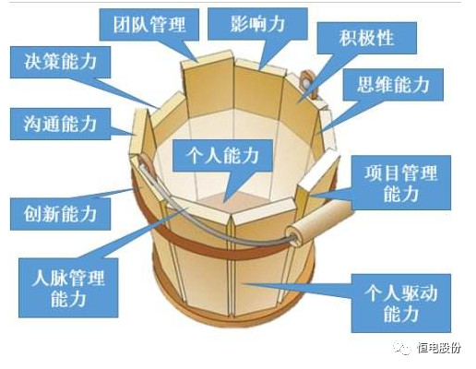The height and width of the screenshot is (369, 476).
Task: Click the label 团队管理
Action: tap(149, 25)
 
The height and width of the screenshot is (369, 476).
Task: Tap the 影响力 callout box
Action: tap(257, 24)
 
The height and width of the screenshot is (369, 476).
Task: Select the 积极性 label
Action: tap(366, 38)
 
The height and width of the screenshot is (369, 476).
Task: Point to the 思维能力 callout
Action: tap(393, 85)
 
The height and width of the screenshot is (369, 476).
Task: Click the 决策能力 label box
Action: tap(60, 62)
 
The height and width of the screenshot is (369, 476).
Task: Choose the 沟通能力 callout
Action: tap(60, 124)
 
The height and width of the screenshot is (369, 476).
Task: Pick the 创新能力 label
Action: tap(60, 214)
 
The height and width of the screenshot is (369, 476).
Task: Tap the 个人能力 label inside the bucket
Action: tap(222, 156)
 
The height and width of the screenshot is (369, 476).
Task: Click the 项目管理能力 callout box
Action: tap(401, 183)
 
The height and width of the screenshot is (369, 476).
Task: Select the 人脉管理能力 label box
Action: tap(68, 288)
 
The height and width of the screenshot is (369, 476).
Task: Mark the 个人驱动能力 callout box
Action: tap(401, 304)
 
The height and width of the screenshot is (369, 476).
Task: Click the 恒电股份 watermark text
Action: tap(440, 348)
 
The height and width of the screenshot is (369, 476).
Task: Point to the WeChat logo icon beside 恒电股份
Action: tap(403, 348)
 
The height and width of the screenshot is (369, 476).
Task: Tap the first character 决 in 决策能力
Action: tap(32, 62)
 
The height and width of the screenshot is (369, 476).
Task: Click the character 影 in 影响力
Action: tap(239, 24)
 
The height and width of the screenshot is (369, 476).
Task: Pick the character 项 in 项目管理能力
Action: tap(374, 173)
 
